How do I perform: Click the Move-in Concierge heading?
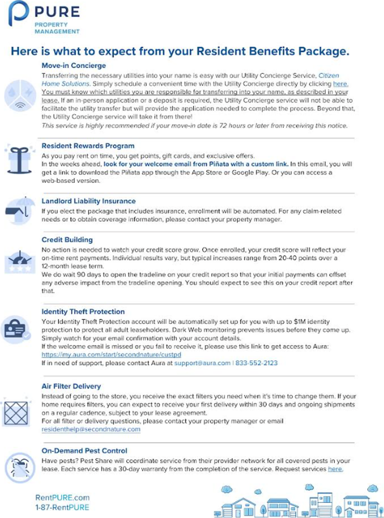point(74,66)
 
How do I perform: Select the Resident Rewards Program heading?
point(88,146)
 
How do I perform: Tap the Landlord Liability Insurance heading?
point(88,201)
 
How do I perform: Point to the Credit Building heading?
point(67,240)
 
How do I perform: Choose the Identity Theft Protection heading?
point(83,311)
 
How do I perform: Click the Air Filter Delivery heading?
point(71,386)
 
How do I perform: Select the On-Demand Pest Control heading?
point(84,451)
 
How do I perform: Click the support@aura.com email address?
point(202,363)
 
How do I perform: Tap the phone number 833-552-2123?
point(256,363)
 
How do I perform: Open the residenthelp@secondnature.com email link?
point(91,429)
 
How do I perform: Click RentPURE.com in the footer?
point(63,497)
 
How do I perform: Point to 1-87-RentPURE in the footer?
point(62,507)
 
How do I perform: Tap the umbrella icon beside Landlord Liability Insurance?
point(17,210)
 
